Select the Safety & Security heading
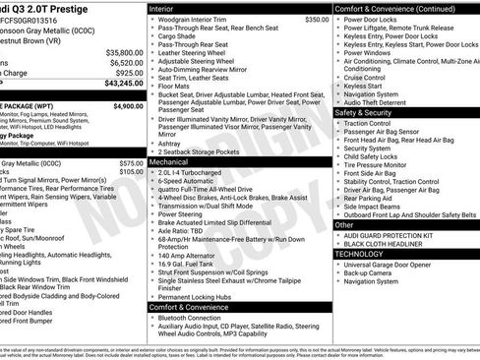369,113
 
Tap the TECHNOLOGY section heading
366,254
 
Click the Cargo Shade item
180,35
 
